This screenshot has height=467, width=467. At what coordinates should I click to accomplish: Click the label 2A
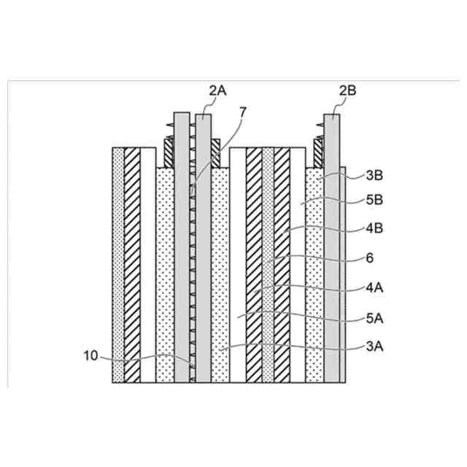[217, 90]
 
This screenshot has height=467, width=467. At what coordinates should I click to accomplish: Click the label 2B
[348, 90]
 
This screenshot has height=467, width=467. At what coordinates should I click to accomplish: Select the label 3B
[374, 175]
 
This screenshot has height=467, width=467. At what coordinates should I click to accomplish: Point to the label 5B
[374, 199]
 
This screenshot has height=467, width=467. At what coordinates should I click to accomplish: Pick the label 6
[368, 258]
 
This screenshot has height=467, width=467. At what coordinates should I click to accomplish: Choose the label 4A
[374, 287]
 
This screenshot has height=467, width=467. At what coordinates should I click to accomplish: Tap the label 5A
[374, 318]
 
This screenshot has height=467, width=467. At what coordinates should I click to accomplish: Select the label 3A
[374, 349]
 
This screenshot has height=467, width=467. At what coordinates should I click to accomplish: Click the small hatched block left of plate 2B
[319, 153]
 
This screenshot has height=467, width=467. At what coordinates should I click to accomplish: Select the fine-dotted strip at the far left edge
[118, 263]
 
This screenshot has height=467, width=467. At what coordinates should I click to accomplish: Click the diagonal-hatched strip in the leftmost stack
[132, 263]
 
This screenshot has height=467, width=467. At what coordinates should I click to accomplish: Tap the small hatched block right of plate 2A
[216, 153]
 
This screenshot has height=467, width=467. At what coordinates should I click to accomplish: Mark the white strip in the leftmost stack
[147, 263]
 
